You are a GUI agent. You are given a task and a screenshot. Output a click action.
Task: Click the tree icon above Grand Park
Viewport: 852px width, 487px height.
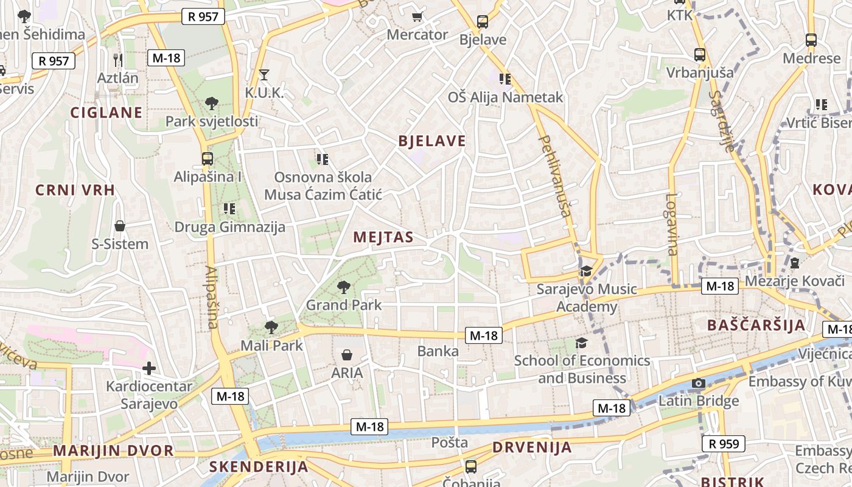[344, 286]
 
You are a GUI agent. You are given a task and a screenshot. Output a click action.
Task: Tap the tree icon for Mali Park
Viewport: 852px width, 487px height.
[271, 328]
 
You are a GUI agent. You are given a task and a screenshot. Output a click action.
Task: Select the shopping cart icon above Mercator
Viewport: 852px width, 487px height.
[417, 17]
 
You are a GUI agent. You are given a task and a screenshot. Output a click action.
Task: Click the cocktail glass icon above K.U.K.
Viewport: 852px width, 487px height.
[264, 75]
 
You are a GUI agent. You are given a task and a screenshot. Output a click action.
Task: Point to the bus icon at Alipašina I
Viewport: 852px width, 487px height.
[208, 159]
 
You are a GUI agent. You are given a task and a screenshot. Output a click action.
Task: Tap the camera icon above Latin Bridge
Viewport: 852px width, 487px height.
[699, 383]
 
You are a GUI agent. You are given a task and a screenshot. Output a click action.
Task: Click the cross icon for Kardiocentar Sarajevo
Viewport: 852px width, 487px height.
[149, 368]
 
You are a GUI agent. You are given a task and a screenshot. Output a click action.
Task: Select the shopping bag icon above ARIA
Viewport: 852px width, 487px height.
[347, 354]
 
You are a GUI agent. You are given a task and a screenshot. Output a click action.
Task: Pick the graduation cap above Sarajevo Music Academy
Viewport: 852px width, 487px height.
[586, 271]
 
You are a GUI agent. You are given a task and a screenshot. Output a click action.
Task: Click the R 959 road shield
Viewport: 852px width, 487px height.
[724, 444]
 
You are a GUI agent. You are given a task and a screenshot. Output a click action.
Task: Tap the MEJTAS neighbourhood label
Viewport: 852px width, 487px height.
[383, 237]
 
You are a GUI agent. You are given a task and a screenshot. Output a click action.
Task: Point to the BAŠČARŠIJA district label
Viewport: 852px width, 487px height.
[756, 325]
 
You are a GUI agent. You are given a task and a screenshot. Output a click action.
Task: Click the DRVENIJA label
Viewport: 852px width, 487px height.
[532, 448]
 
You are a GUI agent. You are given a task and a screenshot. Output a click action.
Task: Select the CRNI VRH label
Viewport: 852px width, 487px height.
[75, 190]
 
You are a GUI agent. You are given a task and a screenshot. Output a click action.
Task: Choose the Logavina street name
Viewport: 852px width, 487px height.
[671, 223]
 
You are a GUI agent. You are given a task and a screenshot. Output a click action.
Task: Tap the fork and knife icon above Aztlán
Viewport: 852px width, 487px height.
[118, 60]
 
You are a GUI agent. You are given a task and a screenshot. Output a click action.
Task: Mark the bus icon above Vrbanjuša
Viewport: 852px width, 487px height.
[700, 55]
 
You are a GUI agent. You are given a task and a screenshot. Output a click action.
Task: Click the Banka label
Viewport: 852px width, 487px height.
[438, 351]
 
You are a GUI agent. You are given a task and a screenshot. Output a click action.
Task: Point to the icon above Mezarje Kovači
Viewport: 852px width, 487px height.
[794, 264]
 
